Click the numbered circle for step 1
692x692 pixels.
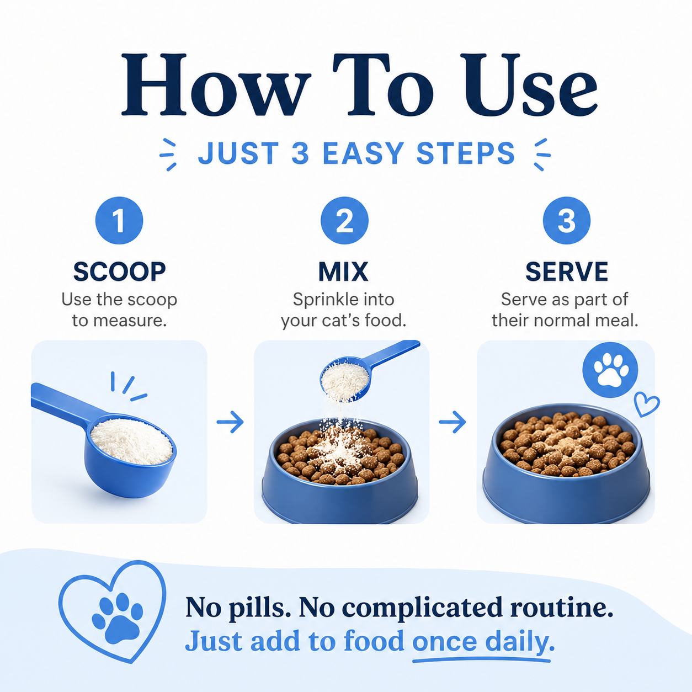tap(119, 221)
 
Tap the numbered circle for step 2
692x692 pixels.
tap(344, 221)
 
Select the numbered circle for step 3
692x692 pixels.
tap(567, 221)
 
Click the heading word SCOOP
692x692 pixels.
tap(120, 272)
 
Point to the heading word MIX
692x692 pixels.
tap(343, 272)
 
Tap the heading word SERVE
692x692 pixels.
tap(567, 272)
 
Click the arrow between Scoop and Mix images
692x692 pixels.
tap(230, 422)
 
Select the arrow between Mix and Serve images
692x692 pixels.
tap(453, 422)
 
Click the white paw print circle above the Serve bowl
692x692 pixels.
tap(610, 370)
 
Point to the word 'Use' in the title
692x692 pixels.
tap(529, 84)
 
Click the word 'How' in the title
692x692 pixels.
tap(216, 84)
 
